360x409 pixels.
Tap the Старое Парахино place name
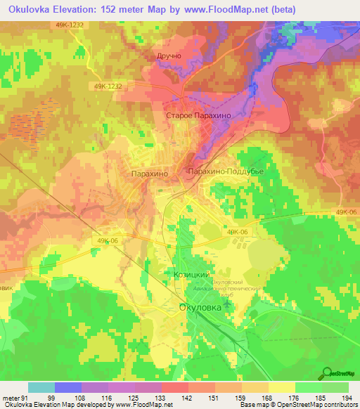tap(198, 115)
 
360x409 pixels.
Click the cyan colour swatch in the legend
tap(41, 387)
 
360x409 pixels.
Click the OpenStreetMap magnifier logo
tap(328, 372)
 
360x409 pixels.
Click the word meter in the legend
tap(10, 398)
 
